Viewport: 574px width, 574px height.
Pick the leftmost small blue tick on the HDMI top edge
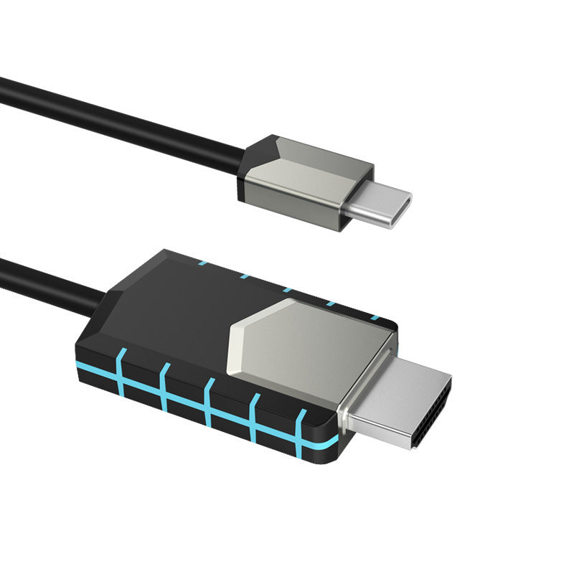click(x=202, y=263)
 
